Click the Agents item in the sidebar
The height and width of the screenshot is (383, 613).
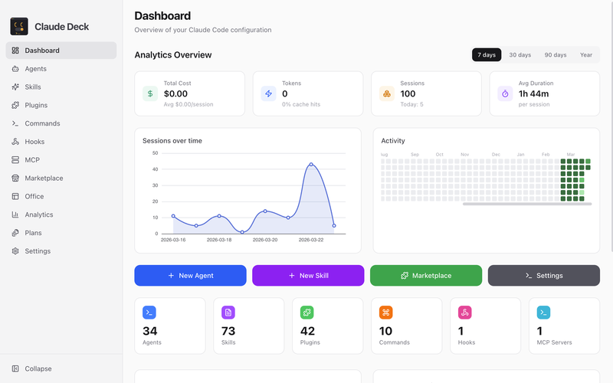(x=35, y=69)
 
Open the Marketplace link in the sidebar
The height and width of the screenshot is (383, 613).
(x=44, y=178)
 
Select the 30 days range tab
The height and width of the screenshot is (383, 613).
(x=520, y=54)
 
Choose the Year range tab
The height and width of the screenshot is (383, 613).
(x=585, y=54)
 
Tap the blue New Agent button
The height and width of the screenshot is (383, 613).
(x=190, y=276)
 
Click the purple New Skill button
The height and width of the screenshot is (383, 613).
(x=308, y=276)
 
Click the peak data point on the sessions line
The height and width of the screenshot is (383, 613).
(x=311, y=165)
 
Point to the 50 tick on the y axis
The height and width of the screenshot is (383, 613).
(x=156, y=152)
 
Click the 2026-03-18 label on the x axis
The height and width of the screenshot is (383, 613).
(x=219, y=240)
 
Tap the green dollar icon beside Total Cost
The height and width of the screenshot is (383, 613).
(x=150, y=93)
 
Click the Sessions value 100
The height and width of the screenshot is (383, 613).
(x=408, y=93)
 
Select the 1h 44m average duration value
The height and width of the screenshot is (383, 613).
(x=533, y=93)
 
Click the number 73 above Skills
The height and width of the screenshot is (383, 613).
(x=228, y=331)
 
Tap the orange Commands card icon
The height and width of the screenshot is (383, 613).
(x=386, y=313)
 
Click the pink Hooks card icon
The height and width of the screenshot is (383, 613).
(x=465, y=313)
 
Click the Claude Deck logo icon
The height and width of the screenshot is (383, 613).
(x=19, y=26)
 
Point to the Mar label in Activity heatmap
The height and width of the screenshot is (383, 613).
(x=571, y=155)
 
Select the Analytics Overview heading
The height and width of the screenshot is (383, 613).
(x=173, y=54)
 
